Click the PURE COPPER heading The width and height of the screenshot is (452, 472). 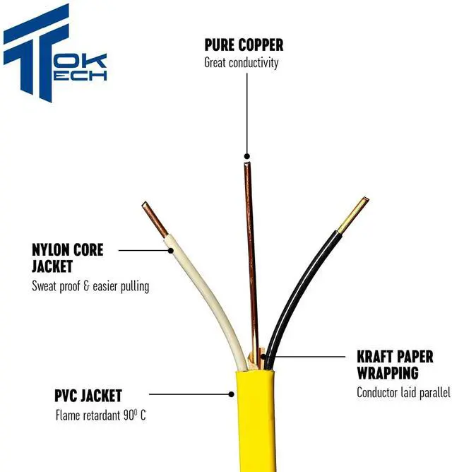pyautogui.click(x=244, y=45)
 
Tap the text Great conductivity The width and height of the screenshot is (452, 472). pyautogui.click(x=242, y=62)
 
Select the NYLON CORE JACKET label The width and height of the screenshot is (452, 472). pyautogui.click(x=68, y=258)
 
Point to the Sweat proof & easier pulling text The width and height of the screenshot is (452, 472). pyautogui.click(x=90, y=286)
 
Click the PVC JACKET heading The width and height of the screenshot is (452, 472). pyautogui.click(x=88, y=395)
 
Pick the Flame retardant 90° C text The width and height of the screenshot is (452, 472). pyautogui.click(x=100, y=415)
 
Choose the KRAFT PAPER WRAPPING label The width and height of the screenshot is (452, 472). pyautogui.click(x=394, y=365)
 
